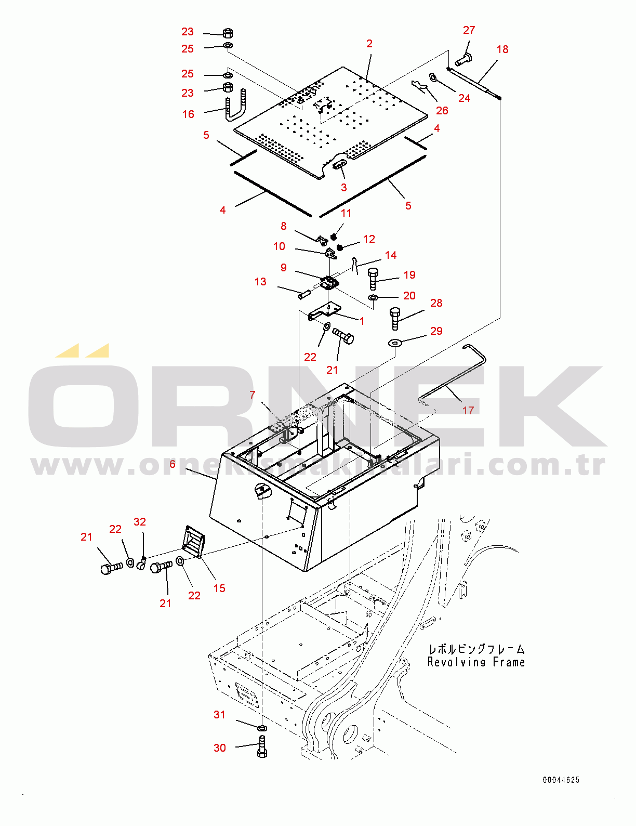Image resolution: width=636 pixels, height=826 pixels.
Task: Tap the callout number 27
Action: pyautogui.click(x=469, y=30)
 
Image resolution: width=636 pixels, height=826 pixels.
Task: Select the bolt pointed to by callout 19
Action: pyautogui.click(x=373, y=278)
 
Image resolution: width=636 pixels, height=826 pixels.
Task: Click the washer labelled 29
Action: pyautogui.click(x=395, y=343)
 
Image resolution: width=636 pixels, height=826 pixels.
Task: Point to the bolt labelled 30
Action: pyautogui.click(x=262, y=747)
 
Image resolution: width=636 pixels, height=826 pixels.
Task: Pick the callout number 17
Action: pyautogui.click(x=468, y=411)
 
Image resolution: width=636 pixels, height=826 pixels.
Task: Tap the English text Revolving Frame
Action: pyautogui.click(x=476, y=662)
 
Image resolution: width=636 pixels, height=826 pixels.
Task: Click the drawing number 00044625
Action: pyautogui.click(x=561, y=780)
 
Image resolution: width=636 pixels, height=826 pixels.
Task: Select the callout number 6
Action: pyautogui.click(x=173, y=464)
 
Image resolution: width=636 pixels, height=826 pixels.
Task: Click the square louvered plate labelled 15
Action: pyautogui.click(x=194, y=542)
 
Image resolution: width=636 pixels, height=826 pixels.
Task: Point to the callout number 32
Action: pyautogui.click(x=140, y=521)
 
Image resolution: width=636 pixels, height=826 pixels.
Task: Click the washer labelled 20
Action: pyautogui.click(x=373, y=297)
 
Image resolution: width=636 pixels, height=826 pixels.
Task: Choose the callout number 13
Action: pyautogui.click(x=260, y=282)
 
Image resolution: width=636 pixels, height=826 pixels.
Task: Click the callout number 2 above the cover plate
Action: pyautogui.click(x=369, y=44)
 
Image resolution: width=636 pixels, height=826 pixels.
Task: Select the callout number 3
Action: pyautogui.click(x=344, y=187)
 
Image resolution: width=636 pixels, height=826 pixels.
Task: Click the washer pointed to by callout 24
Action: pyautogui.click(x=433, y=77)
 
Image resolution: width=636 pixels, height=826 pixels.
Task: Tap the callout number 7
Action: pyautogui.click(x=253, y=395)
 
